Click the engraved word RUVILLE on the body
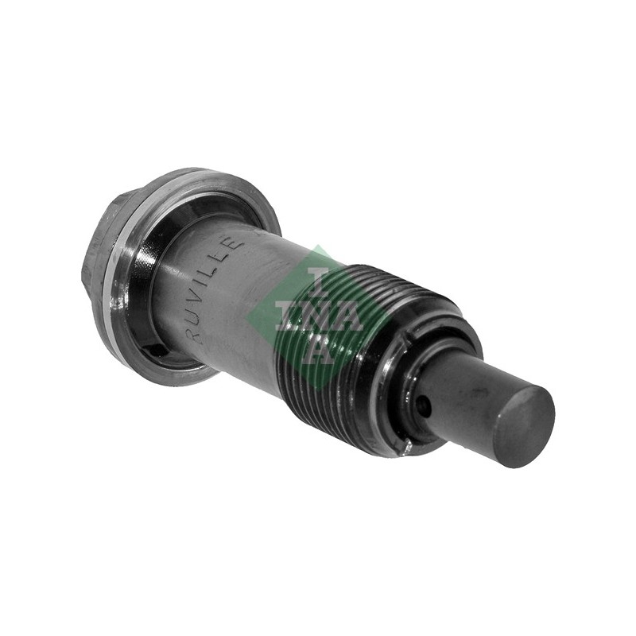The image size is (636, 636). point(215,290)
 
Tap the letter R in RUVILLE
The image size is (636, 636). point(195,335)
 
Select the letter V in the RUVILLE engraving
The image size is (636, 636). point(206,304)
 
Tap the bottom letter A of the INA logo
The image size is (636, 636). point(320,349)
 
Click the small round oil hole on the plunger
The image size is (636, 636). point(424,404)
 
